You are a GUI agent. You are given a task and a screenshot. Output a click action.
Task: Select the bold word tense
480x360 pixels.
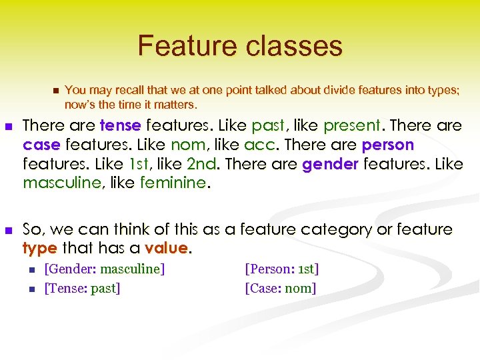pyautogui.click(x=120, y=126)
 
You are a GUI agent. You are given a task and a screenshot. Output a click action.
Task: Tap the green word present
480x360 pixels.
pyautogui.click(x=351, y=126)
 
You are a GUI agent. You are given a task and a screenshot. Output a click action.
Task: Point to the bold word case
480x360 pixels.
pyautogui.click(x=41, y=145)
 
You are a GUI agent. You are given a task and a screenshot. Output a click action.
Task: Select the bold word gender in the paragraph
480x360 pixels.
pyautogui.click(x=330, y=164)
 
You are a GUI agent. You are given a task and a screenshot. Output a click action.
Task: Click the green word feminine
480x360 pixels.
pyautogui.click(x=173, y=183)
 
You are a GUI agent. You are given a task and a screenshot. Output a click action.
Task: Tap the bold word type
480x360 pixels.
pyautogui.click(x=40, y=249)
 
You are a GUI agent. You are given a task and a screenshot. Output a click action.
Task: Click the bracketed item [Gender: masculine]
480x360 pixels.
pyautogui.click(x=105, y=269)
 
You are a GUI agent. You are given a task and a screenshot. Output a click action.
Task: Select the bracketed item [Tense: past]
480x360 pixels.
pyautogui.click(x=82, y=289)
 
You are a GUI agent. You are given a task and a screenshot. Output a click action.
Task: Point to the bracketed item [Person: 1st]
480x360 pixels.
pyautogui.click(x=282, y=269)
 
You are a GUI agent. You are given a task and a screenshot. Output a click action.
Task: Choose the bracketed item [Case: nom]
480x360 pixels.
pyautogui.click(x=281, y=289)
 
